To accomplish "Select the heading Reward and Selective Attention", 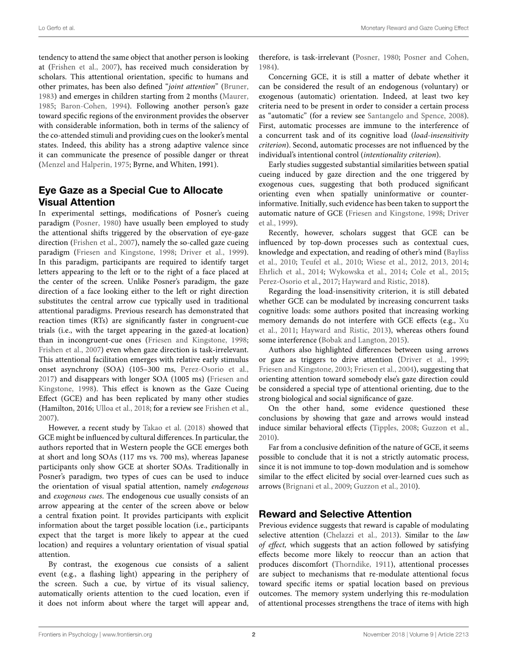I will pyautogui.click(x=335, y=514).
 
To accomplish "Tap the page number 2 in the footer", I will pyautogui.click(x=253, y=635).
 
